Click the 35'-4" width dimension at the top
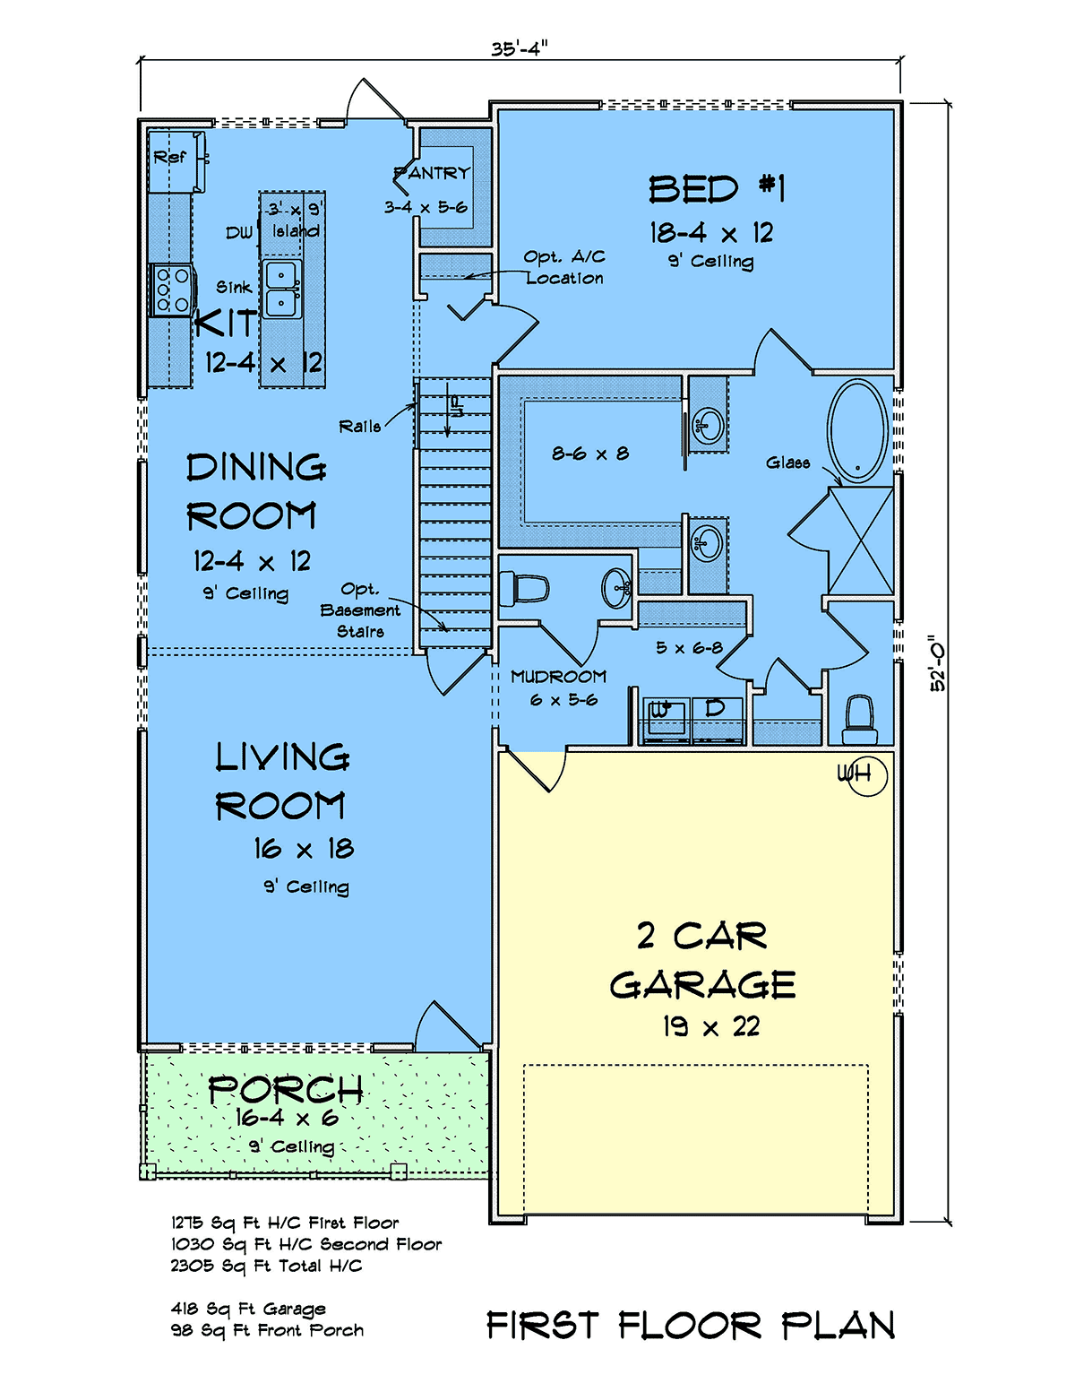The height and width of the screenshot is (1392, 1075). coord(520,48)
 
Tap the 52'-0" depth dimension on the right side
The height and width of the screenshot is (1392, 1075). coord(937,663)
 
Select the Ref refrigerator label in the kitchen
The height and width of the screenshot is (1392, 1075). coord(169,156)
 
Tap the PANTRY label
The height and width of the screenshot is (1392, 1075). coord(432,173)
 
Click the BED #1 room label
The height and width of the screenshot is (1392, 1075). coord(717,190)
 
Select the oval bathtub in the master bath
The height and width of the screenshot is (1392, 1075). coord(857,431)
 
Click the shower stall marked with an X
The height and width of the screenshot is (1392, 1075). coord(861,540)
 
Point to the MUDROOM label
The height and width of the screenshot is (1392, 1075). coord(558,676)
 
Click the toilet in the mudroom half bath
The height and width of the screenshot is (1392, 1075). coord(524,589)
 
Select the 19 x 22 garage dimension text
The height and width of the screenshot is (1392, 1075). coord(710,1027)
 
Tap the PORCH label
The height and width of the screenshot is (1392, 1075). coord(286,1090)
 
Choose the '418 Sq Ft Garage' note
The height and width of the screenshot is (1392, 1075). coord(248,1309)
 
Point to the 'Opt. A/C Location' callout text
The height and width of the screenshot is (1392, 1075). coord(563,267)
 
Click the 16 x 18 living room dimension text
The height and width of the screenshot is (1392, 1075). coord(304,849)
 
